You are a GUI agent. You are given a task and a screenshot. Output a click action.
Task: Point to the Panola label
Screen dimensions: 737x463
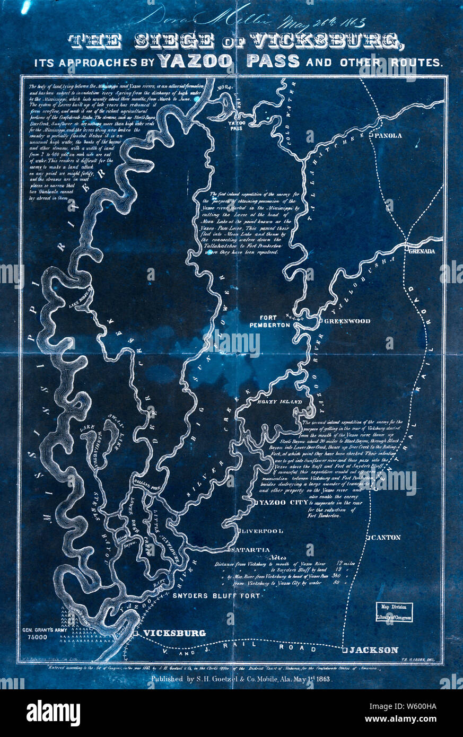[x=388, y=136]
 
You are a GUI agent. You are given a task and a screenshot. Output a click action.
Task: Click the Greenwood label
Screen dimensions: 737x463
[x=347, y=321]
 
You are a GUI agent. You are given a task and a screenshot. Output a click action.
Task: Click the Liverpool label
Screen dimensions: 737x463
[x=264, y=531]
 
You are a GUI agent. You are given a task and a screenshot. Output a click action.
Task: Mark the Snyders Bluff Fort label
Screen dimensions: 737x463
[x=216, y=596]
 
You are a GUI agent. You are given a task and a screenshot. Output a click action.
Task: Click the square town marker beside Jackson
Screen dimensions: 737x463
[x=344, y=650]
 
